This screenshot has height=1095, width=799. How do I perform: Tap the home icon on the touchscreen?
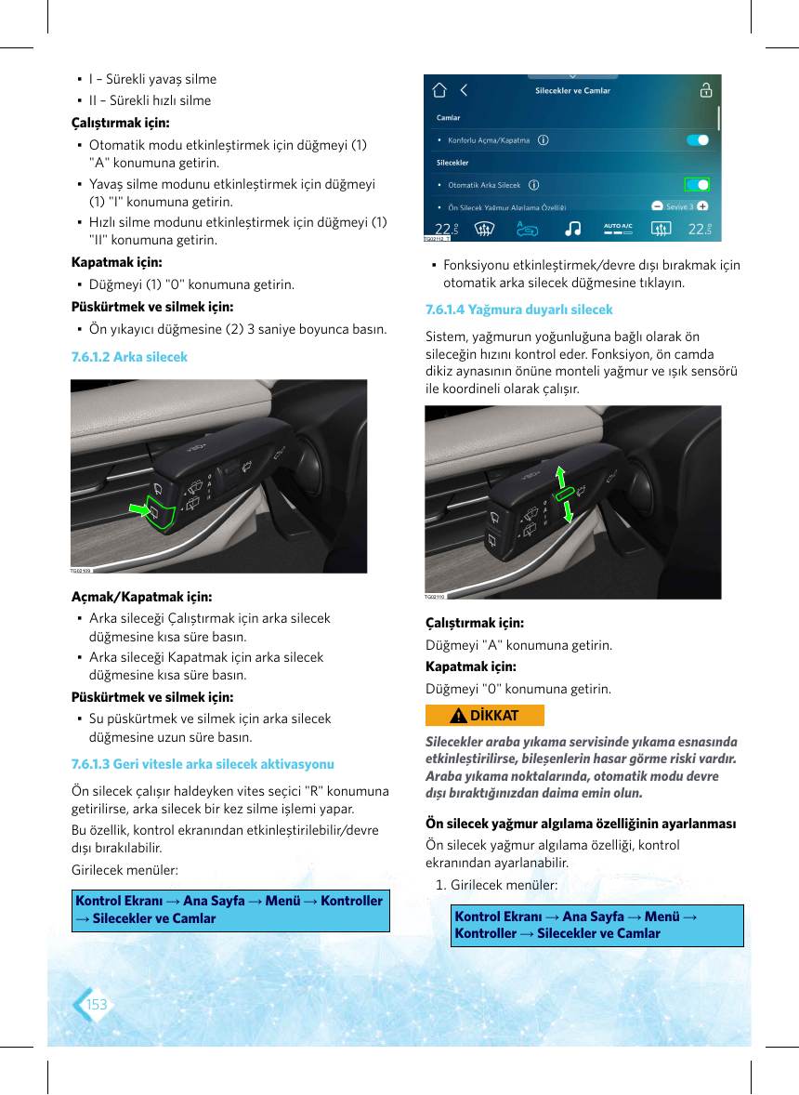pyautogui.click(x=439, y=90)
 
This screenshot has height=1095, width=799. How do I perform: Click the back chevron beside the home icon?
pyautogui.click(x=464, y=90)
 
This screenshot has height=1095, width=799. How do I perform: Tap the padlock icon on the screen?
pyautogui.click(x=705, y=90)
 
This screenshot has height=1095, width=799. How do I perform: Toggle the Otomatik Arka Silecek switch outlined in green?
pyautogui.click(x=697, y=184)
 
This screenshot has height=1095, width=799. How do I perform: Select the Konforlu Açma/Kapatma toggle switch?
pyautogui.click(x=698, y=139)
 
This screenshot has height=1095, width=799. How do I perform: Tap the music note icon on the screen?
pyautogui.click(x=572, y=229)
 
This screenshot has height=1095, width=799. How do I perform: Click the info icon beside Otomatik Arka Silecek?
pyautogui.click(x=534, y=185)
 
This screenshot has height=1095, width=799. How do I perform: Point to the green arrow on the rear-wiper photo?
pyautogui.click(x=140, y=509)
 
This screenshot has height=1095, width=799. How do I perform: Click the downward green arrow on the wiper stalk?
pyautogui.click(x=568, y=511)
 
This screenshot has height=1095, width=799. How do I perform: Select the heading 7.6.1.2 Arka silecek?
pyautogui.click(x=129, y=357)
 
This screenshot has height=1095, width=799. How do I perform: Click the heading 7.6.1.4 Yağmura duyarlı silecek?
pyautogui.click(x=519, y=310)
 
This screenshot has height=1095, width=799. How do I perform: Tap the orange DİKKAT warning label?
pyautogui.click(x=484, y=715)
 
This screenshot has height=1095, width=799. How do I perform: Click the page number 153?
pyautogui.click(x=97, y=1004)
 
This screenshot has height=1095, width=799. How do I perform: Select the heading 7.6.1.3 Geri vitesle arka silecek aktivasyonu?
pyautogui.click(x=203, y=764)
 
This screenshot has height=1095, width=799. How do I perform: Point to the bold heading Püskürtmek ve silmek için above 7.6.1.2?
pyautogui.click(x=152, y=307)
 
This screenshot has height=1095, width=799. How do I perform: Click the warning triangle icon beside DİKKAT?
pyautogui.click(x=458, y=715)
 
